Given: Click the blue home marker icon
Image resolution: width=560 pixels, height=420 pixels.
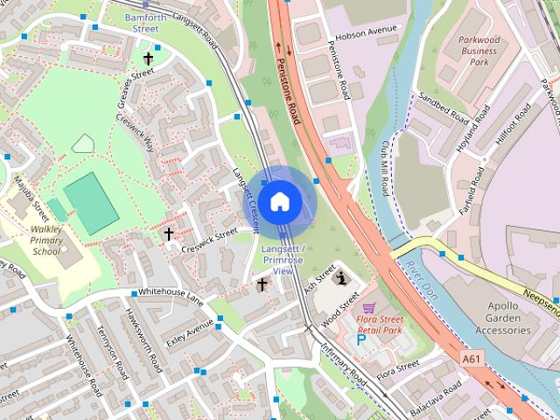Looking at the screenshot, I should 279,201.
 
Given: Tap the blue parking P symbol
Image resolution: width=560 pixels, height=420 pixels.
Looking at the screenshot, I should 360,339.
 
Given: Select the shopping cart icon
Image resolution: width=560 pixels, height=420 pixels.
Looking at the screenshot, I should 369,309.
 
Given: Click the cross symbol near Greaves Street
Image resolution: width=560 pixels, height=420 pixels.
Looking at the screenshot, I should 148,59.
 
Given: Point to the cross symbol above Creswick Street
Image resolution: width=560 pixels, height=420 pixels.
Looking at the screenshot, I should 169,234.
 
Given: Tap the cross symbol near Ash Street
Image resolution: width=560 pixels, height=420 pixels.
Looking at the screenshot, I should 262,284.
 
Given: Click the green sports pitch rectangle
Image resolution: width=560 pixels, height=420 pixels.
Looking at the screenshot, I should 90,202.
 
